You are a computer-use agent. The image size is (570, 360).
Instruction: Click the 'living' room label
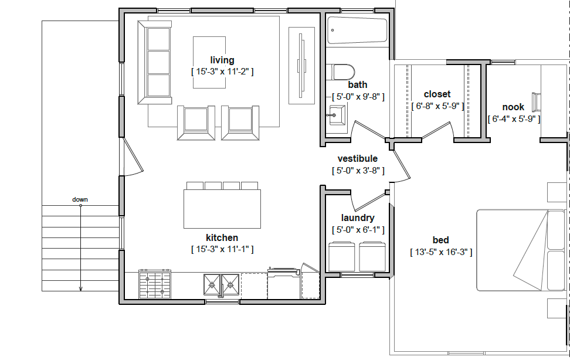tap(222, 60)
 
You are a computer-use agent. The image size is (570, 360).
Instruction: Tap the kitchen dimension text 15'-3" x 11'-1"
tap(222, 249)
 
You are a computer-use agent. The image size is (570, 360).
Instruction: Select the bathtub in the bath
tap(357, 30)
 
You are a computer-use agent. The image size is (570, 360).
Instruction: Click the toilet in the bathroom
tap(340, 72)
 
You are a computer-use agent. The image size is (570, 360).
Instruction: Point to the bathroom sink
tap(337, 115)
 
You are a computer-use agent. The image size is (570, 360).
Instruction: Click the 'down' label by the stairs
tap(80, 199)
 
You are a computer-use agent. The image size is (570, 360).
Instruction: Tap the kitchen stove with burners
tap(155, 284)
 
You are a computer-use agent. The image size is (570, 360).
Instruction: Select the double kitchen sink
tap(222, 284)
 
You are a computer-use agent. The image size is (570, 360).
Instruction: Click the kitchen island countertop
tap(222, 209)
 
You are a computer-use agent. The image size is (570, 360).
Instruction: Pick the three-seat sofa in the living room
tap(154, 63)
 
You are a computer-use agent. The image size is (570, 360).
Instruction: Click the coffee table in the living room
tap(209, 62)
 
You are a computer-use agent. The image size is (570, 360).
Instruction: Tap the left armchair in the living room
tap(196, 123)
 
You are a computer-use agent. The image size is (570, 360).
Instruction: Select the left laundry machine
tap(342, 256)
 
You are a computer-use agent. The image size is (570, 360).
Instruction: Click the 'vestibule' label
tap(357, 158)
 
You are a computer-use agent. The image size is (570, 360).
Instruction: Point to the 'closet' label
tap(437, 94)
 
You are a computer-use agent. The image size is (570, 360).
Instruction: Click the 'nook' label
tap(513, 107)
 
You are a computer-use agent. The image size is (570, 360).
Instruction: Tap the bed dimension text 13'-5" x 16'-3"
tap(441, 252)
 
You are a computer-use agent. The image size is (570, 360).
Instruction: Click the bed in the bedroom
tap(522, 250)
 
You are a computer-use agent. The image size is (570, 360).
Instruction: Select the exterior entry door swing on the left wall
tap(133, 157)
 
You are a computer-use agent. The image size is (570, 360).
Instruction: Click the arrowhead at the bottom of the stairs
tap(81, 290)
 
